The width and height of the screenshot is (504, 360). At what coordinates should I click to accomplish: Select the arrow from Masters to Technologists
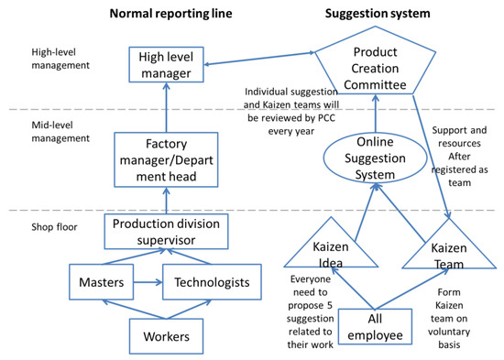(147, 282)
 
